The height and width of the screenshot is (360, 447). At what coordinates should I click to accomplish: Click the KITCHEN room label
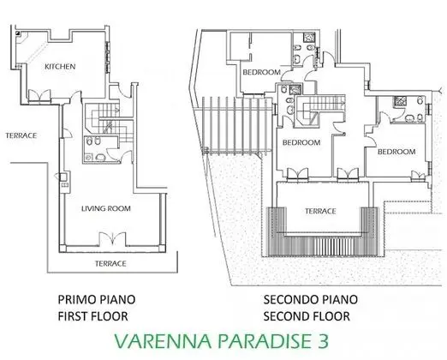(x=60, y=67)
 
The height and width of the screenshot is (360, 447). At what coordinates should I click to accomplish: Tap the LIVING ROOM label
(x=106, y=208)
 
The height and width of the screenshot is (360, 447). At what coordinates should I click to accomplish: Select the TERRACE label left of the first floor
(x=21, y=135)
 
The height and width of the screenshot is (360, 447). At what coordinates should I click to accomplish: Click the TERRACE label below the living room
(x=110, y=263)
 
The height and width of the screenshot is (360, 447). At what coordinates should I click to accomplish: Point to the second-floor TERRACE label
(x=320, y=211)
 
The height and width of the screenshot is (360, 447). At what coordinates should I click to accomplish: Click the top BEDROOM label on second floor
(x=261, y=72)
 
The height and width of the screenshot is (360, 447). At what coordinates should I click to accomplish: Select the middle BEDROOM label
(x=301, y=142)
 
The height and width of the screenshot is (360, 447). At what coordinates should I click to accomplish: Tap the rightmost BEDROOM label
(x=396, y=152)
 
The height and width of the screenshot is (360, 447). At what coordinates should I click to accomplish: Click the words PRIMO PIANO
(x=97, y=300)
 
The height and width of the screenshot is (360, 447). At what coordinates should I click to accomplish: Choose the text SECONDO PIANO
(x=310, y=300)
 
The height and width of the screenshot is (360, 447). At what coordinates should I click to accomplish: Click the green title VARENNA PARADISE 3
(x=222, y=341)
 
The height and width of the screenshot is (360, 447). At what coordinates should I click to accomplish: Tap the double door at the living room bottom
(x=112, y=239)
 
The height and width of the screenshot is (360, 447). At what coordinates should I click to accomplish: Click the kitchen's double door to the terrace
(x=39, y=95)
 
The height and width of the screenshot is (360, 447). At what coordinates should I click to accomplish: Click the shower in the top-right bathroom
(x=309, y=38)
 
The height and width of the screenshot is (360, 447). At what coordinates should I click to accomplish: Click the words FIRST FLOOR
(x=93, y=316)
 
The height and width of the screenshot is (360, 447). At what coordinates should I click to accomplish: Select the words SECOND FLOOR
(x=307, y=316)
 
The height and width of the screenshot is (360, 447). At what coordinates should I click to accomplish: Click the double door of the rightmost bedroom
(x=418, y=176)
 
